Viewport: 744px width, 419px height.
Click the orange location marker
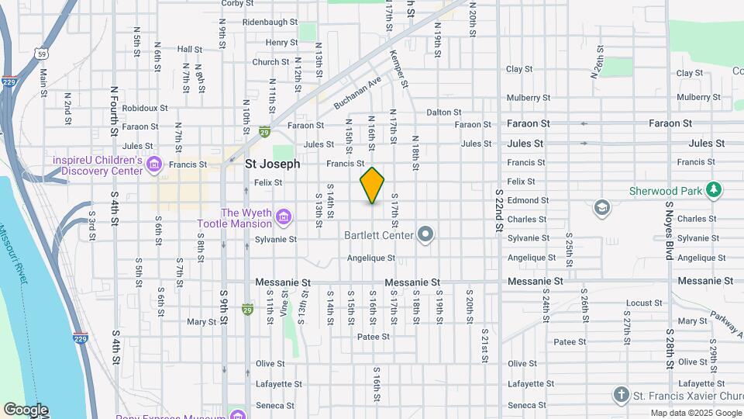click(x=372, y=185)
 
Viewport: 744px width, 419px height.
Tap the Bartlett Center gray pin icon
click(x=425, y=234)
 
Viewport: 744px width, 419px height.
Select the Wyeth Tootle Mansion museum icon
click(x=284, y=215)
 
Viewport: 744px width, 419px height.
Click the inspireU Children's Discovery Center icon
click(x=153, y=164)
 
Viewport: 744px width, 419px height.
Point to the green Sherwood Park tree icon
click(x=714, y=190)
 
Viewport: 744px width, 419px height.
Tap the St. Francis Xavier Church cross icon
click(x=620, y=395)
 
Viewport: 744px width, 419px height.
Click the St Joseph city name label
click(x=272, y=164)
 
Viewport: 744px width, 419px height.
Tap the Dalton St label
click(x=444, y=113)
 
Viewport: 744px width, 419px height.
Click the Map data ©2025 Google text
click(x=695, y=414)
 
